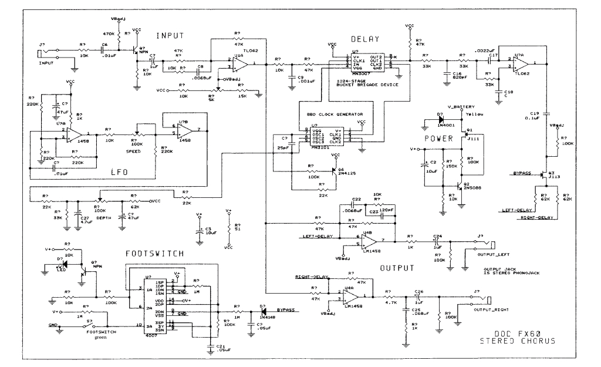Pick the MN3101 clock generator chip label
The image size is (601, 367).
[x=322, y=147]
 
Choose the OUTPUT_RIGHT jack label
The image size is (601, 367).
[x=489, y=308]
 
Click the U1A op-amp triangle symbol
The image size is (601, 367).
[x=240, y=62]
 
